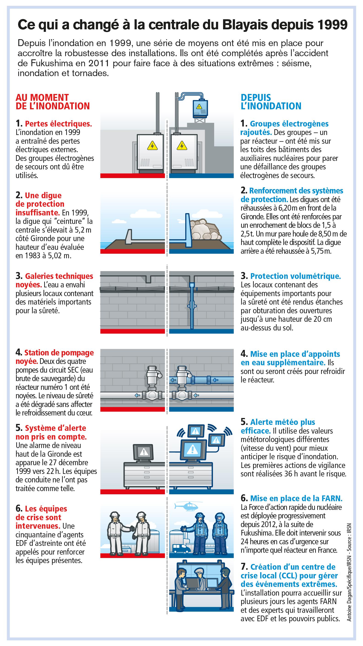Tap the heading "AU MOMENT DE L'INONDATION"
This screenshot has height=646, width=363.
pos(53,102)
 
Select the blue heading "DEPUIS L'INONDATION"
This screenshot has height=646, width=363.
pos(271,102)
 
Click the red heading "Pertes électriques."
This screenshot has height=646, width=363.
pos(58,124)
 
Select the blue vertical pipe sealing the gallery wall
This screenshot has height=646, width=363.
pos(192,306)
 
